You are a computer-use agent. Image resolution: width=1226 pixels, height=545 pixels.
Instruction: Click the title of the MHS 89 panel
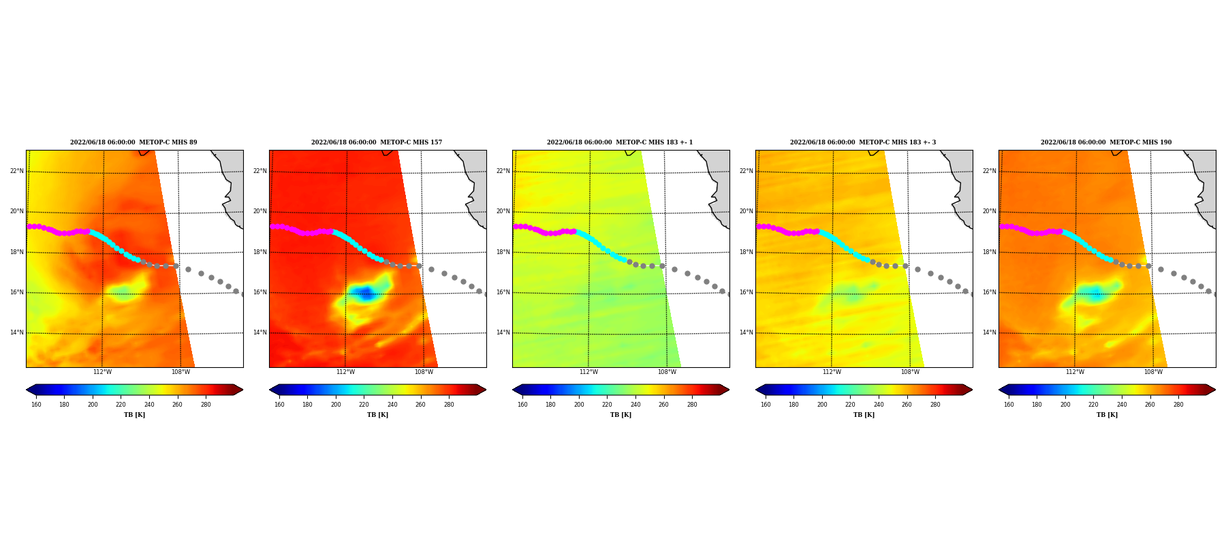[133, 142]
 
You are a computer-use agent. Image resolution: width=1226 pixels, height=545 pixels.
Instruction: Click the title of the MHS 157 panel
[377, 142]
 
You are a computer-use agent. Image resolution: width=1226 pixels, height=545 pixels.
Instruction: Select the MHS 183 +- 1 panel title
[620, 142]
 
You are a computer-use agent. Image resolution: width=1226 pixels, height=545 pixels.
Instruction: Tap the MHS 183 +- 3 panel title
[863, 142]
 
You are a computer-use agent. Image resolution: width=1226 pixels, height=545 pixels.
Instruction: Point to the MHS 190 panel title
[1106, 142]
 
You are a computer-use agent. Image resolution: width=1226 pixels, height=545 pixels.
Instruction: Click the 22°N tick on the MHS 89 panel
[16, 171]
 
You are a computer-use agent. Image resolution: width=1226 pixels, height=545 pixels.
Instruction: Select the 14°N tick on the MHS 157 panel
[260, 333]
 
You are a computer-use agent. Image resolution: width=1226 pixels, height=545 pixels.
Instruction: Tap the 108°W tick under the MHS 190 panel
[1153, 372]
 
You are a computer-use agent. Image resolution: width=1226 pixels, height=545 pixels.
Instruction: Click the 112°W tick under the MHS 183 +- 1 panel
[588, 372]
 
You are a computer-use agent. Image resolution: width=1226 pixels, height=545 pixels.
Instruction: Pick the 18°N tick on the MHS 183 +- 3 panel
[746, 252]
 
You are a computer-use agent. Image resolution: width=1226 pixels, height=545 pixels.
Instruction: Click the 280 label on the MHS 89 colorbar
[206, 405]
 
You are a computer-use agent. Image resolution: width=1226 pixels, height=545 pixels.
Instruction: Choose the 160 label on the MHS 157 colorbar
[279, 405]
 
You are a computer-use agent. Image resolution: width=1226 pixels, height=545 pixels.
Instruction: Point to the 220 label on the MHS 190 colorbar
[1093, 405]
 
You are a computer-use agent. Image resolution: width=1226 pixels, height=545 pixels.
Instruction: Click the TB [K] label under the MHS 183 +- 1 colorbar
[620, 415]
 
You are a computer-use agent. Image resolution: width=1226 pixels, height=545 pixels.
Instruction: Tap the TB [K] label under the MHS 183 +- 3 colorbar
[864, 415]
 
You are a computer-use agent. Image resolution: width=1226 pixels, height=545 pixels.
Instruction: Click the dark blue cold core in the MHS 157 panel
[365, 294]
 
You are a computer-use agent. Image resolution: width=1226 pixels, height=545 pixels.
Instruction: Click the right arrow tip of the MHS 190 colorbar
[1215, 390]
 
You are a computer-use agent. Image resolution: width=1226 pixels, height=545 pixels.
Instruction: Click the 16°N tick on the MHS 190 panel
[989, 292]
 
